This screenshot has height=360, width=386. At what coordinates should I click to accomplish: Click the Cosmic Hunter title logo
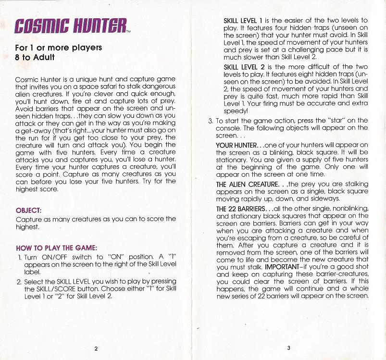(x=71, y=26)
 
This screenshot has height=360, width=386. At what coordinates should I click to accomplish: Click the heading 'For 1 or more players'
(x=58, y=48)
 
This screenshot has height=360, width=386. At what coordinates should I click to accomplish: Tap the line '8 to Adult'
(x=35, y=57)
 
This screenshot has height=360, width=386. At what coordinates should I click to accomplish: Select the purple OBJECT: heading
(x=28, y=210)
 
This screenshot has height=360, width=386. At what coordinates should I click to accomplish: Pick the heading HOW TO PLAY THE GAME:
(x=57, y=248)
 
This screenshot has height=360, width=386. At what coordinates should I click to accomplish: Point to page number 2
(x=96, y=348)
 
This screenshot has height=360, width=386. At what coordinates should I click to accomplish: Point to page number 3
(x=289, y=348)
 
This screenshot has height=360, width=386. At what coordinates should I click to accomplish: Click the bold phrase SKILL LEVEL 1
(x=243, y=21)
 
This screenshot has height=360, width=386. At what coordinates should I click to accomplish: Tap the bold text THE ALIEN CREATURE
(x=247, y=184)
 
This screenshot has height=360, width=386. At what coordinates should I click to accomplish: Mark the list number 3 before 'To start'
(x=210, y=121)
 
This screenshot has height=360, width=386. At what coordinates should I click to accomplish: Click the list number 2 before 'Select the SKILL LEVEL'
(x=19, y=282)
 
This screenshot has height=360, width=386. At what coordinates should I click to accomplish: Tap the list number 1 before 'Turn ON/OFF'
(x=19, y=257)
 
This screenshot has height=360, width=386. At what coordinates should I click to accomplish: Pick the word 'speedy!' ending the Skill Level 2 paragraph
(x=236, y=110)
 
